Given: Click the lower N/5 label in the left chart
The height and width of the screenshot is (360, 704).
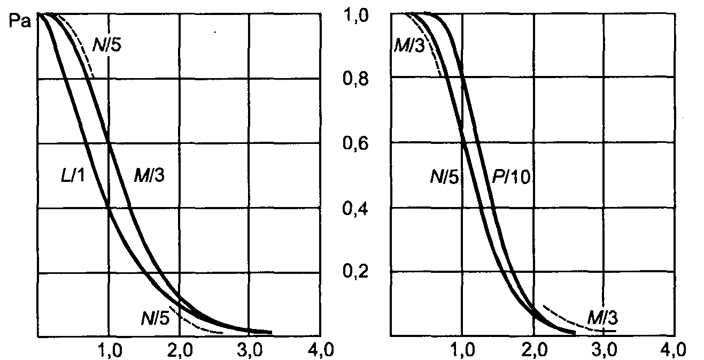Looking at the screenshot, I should coord(156,318).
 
